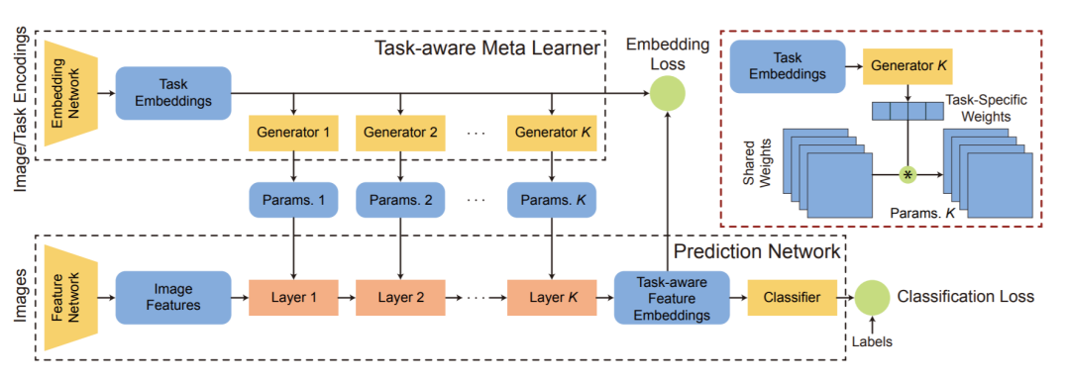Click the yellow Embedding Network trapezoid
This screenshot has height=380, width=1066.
point(70,92)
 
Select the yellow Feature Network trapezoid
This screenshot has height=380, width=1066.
point(70,298)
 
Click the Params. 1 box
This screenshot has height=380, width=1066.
point(293,200)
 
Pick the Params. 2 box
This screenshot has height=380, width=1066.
point(400,200)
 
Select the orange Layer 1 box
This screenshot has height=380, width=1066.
point(293,297)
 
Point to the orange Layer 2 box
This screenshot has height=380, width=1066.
point(400,297)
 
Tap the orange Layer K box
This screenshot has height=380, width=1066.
point(552,297)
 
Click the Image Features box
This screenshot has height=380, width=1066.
point(173,297)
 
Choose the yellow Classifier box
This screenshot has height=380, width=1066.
point(792,297)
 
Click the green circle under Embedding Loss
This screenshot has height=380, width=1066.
point(667,93)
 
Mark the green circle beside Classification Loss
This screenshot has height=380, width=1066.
point(873,297)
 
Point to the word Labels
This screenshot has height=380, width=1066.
point(873,342)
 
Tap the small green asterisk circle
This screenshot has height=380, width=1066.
point(907,174)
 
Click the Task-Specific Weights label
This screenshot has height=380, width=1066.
point(984,107)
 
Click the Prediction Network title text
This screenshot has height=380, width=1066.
point(757,251)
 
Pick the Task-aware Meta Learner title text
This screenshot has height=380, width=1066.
point(487,48)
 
